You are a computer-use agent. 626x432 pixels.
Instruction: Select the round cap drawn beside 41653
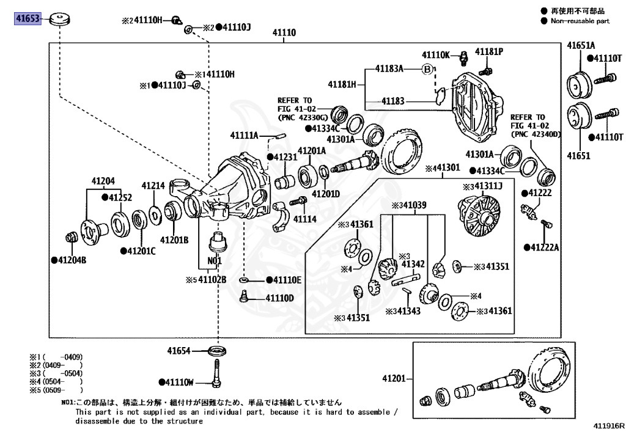click(x=59, y=18)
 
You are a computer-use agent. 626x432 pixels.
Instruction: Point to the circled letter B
click(x=427, y=69)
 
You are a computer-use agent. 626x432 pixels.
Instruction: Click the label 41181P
click(x=488, y=51)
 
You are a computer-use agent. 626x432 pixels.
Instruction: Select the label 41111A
click(x=245, y=135)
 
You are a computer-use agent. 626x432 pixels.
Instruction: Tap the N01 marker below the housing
click(x=214, y=260)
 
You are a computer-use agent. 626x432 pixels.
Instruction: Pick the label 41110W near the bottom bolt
click(x=179, y=383)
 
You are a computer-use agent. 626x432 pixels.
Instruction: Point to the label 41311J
click(x=485, y=186)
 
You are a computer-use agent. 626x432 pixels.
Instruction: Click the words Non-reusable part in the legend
click(x=580, y=21)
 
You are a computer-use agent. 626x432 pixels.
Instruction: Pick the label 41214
click(x=153, y=185)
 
